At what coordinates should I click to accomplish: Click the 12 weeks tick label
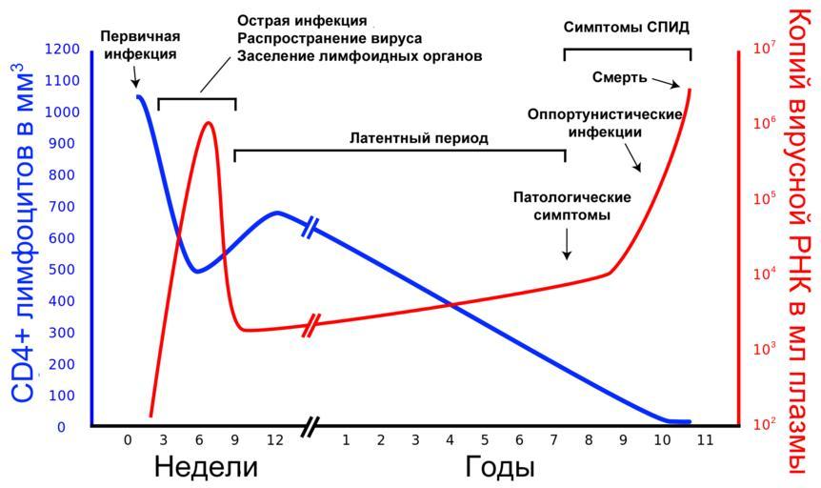click(274, 440)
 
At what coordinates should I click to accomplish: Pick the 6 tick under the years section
click(519, 440)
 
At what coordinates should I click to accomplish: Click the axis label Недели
click(206, 468)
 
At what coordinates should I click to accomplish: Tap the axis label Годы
click(500, 468)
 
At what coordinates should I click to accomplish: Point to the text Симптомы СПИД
click(626, 27)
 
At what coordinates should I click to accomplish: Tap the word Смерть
click(620, 77)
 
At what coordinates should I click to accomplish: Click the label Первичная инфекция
click(140, 45)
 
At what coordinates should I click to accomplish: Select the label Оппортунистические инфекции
click(605, 123)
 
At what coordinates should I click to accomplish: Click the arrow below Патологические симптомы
click(568, 245)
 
